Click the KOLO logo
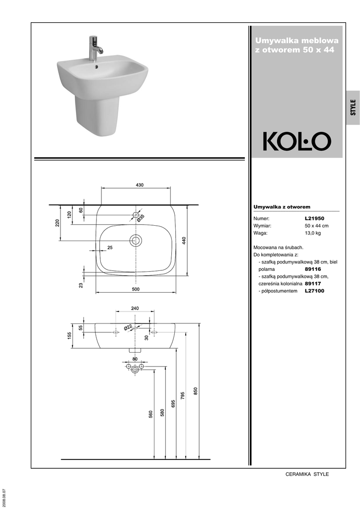coord(297,141)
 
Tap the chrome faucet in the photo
coord(95,48)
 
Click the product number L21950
coord(314,219)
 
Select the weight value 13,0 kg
coord(313,233)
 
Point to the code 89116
coord(313,269)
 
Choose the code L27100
coord(314,291)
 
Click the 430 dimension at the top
coord(140,185)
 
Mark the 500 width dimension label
coord(136,289)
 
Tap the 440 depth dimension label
coord(184,241)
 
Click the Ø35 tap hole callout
coord(141,218)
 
